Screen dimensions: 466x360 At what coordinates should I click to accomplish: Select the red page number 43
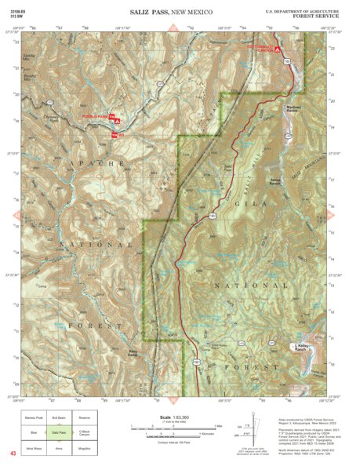click(x=13, y=453)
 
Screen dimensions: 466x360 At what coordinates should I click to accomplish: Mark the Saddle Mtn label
click(x=30, y=56)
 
